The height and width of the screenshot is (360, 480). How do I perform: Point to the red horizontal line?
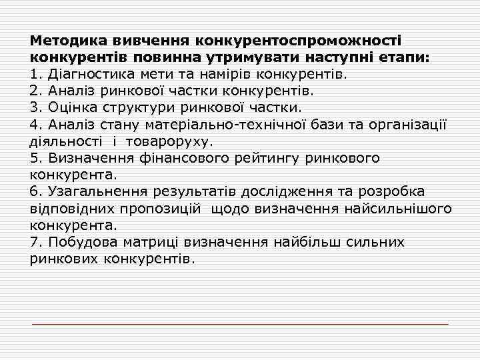240,324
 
